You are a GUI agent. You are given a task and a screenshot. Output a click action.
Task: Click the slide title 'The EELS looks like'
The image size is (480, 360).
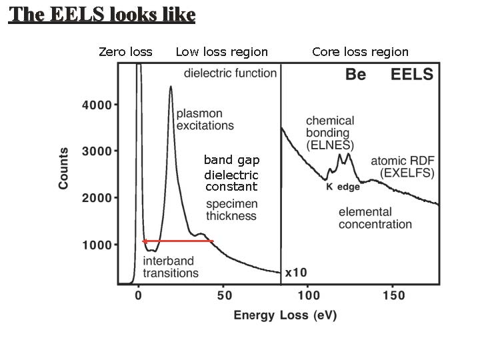tap(102, 15)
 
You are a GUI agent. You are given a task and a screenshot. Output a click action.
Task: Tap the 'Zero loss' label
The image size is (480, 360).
tap(125, 52)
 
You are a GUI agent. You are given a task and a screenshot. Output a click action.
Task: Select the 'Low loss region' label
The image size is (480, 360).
tap(221, 52)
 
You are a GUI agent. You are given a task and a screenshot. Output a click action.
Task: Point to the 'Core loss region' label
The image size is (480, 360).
tap(360, 52)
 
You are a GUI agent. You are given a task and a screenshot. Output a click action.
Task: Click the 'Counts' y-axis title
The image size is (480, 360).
tap(64, 168)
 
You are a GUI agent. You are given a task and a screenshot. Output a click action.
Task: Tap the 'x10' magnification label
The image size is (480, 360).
tap(295, 273)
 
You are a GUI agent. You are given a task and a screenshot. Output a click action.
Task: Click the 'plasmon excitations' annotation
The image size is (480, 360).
tap(205, 119)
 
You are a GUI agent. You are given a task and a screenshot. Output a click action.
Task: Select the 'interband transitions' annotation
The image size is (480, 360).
tap(171, 267)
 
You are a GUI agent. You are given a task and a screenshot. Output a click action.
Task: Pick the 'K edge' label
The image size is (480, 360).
tap(343, 187)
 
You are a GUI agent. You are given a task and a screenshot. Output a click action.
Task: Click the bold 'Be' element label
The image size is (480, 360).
tap(355, 75)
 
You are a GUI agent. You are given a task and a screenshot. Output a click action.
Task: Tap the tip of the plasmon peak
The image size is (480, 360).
tap(171, 87)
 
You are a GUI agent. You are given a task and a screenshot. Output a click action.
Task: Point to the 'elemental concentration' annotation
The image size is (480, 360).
tap(375, 218)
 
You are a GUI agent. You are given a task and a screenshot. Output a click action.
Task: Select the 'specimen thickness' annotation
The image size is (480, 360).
tap(231, 210)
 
